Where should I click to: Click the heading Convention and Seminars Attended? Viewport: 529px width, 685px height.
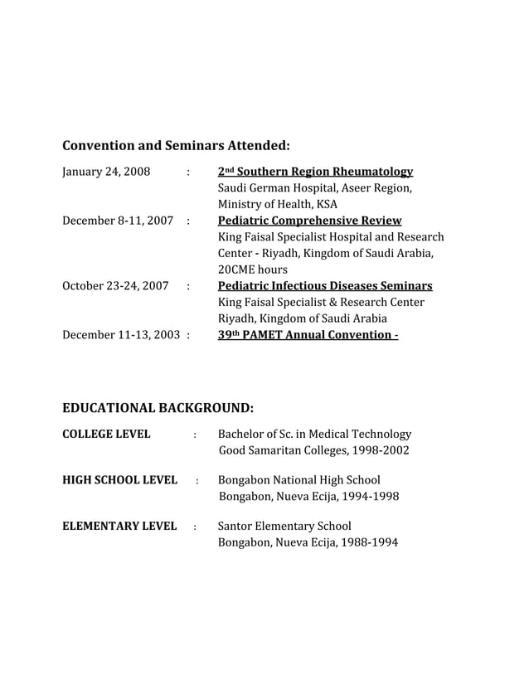(176, 146)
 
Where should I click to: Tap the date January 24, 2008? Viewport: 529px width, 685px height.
(106, 172)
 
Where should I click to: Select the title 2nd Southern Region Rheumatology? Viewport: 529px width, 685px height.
(315, 172)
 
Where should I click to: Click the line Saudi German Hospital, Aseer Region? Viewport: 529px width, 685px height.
(314, 188)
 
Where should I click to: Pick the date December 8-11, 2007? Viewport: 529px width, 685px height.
(118, 221)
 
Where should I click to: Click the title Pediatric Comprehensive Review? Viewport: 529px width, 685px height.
(309, 221)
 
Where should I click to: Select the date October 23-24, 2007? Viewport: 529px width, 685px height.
(115, 286)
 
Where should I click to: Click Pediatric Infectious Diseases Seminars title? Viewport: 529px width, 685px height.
(324, 286)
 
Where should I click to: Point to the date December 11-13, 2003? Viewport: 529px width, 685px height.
(122, 335)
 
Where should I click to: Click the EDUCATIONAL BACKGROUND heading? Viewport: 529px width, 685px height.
(158, 408)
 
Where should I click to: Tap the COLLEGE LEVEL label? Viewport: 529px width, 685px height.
(106, 434)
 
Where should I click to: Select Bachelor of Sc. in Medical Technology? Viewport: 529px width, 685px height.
(314, 434)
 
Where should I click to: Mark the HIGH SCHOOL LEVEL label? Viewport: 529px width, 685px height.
(119, 480)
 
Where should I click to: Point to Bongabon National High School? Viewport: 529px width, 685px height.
(299, 480)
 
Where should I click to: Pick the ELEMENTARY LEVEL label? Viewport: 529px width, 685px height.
(119, 526)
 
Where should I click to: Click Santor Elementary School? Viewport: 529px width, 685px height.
(284, 526)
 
